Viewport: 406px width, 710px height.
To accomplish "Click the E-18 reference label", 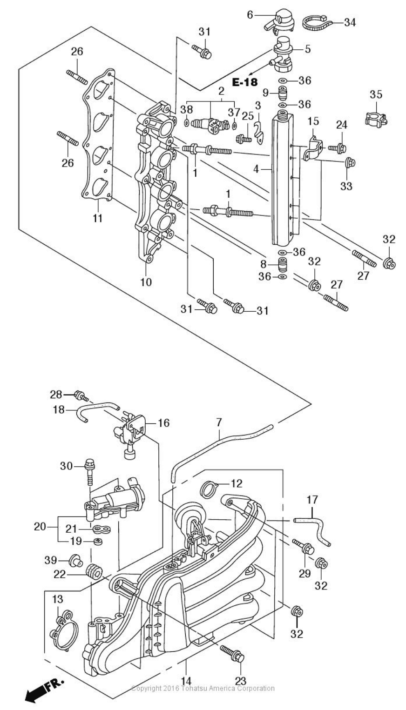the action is tap(245, 82).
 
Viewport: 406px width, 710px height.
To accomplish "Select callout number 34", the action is tap(350, 22).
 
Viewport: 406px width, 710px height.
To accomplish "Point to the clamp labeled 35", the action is tap(376, 117).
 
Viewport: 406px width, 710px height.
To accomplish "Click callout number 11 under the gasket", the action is tap(98, 218).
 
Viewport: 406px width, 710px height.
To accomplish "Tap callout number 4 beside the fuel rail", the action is tap(256, 169).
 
